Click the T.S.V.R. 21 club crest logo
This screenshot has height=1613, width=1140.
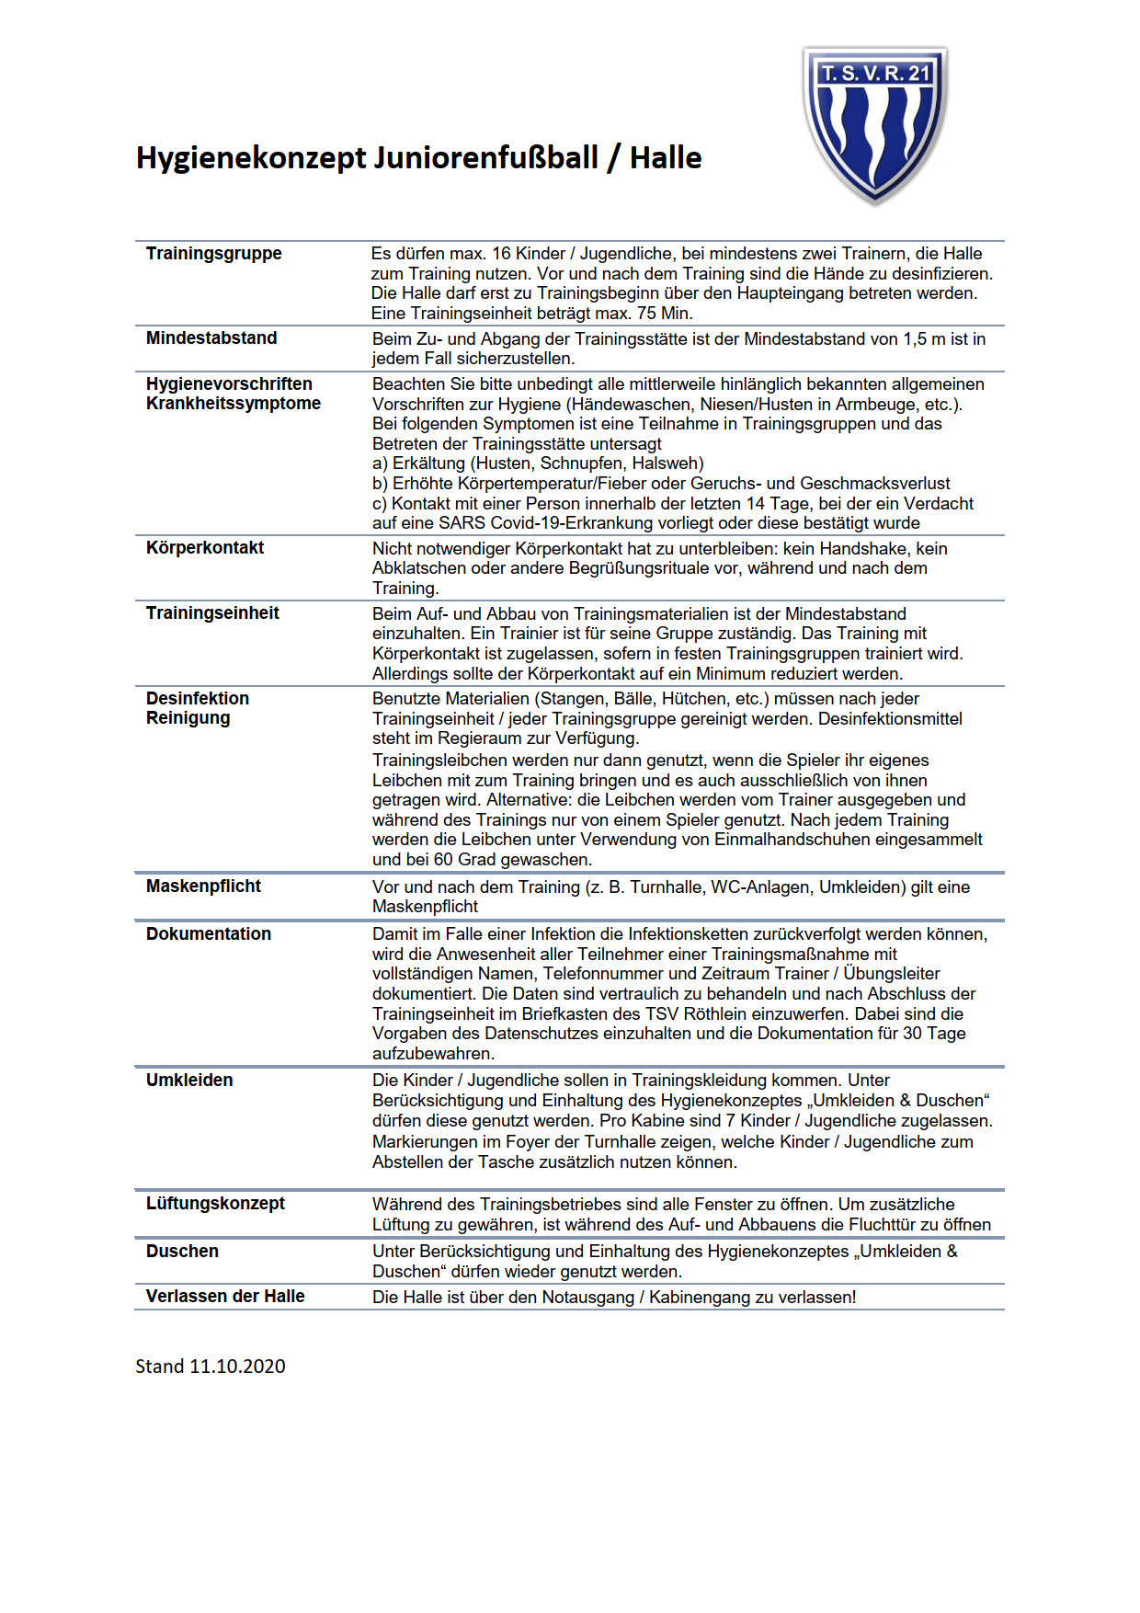[875, 124]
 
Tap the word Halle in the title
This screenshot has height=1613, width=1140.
[666, 158]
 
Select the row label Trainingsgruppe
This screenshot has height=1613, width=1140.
[213, 254]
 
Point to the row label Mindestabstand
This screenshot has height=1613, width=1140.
[211, 338]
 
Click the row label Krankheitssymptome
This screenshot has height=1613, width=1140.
[234, 404]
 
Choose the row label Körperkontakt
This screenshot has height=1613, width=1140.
[205, 548]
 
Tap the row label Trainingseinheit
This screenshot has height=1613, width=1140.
[212, 613]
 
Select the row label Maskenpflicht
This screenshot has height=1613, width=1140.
[203, 887]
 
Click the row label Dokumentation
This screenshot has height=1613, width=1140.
[209, 934]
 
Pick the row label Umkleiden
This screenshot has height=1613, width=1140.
[189, 1081]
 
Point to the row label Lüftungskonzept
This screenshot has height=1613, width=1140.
[215, 1204]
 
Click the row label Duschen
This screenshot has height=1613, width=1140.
[182, 1252]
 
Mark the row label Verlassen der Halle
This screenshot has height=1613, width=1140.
[225, 1297]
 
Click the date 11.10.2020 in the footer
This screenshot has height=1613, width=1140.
[237, 1367]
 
